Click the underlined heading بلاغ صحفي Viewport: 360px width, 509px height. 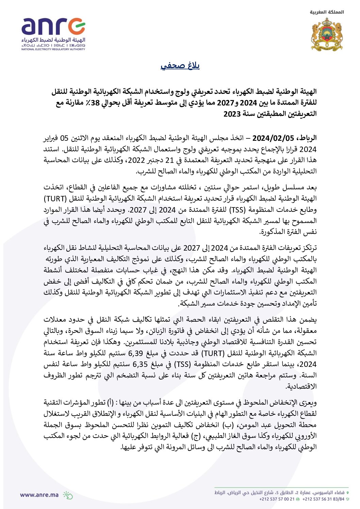pos(180,66)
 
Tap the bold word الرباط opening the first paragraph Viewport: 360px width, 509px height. pos(306,138)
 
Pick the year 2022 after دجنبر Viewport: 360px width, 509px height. pos(136,160)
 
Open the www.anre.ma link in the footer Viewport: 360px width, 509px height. pos(39,495)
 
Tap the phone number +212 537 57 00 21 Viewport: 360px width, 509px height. pos(277,499)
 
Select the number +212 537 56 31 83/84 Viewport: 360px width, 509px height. pos(323,499)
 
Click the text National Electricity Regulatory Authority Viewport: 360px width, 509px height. pos(53,49)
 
